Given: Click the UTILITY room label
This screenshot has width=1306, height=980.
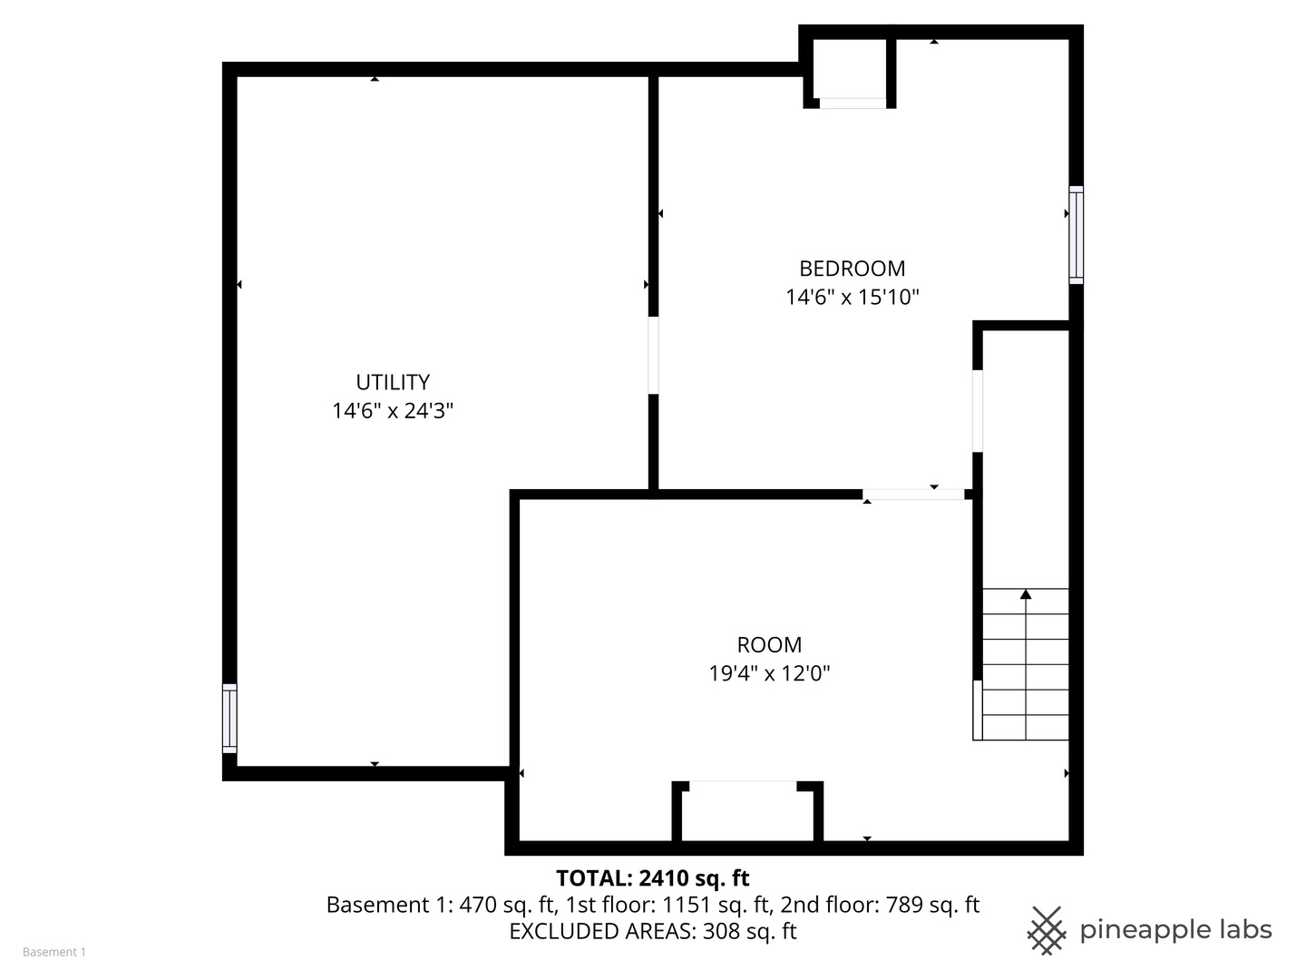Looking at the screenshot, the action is tap(393, 382).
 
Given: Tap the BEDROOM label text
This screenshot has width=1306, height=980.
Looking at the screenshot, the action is tap(852, 269).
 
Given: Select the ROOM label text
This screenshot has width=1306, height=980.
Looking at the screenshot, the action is tap(769, 644).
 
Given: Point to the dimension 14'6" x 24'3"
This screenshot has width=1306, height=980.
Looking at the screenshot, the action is tap(393, 410).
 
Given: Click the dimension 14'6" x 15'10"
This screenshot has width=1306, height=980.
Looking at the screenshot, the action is tap(852, 297).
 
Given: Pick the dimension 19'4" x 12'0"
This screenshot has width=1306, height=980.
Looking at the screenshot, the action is tap(769, 673).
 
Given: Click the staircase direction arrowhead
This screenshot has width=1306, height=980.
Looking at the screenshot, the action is tap(1025, 593).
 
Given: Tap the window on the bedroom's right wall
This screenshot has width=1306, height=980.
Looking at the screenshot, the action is tap(1076, 234).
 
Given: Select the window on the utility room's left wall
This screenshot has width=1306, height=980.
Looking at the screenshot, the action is tap(229, 718).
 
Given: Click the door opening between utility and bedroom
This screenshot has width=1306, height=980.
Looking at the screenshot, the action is tap(653, 355).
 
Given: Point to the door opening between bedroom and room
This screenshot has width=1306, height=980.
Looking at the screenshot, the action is tap(913, 495).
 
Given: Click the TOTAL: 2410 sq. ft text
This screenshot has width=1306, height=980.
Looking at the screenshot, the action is tap(653, 877).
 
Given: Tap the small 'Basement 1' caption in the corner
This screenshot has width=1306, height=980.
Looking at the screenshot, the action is tap(54, 952).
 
